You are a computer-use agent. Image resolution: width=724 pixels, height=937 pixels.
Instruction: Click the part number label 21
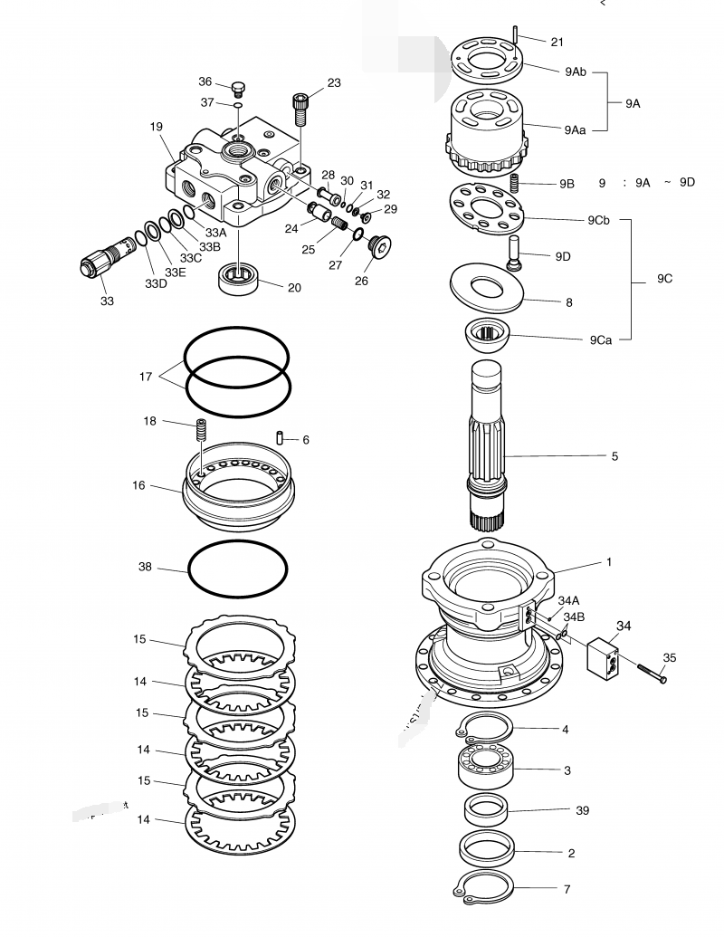[557, 43]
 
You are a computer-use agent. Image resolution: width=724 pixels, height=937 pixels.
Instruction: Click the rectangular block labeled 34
[602, 660]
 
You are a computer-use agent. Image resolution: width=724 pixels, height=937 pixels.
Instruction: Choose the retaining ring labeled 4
[485, 725]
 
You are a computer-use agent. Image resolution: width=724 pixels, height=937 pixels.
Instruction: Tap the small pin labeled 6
[282, 439]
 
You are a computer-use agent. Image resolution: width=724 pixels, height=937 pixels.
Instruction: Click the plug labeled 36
[238, 89]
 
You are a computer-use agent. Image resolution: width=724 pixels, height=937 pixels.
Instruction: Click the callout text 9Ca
[601, 340]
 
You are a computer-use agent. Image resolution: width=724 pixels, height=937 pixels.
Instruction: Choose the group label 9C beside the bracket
[664, 279]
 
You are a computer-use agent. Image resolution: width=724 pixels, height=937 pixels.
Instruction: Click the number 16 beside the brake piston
[138, 485]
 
